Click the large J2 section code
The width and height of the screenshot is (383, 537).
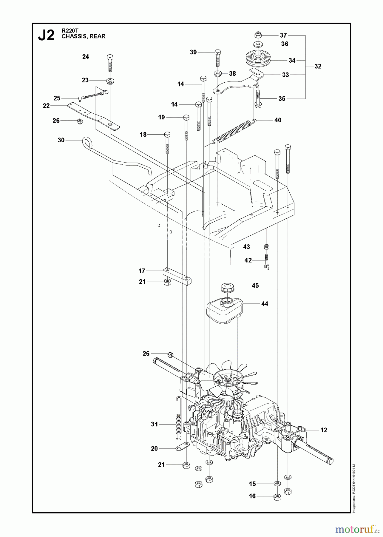[x=46, y=36]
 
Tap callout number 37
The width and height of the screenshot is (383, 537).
[x=283, y=35]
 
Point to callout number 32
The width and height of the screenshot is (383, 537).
[x=318, y=66]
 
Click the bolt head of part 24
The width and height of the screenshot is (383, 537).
[x=110, y=57]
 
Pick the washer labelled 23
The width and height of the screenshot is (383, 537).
[x=111, y=81]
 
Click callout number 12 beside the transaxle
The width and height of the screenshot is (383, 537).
[x=324, y=430]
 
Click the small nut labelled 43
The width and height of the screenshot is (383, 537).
[x=267, y=247]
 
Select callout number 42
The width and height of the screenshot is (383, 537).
[x=248, y=260]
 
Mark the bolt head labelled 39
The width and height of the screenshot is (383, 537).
[x=217, y=52]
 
